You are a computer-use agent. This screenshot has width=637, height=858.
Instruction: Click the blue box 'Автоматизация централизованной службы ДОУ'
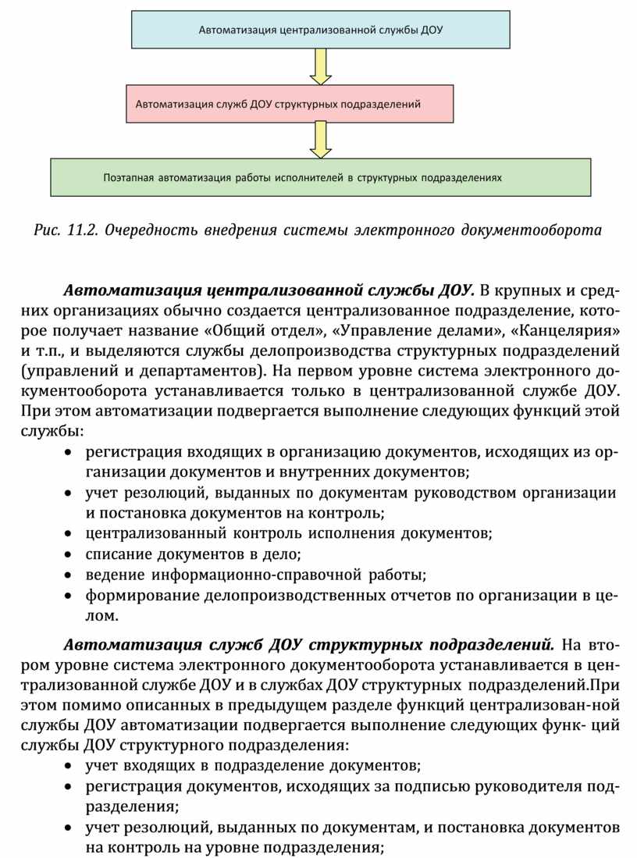[x=320, y=30]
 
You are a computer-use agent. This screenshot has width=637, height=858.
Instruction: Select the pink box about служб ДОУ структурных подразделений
[x=290, y=103]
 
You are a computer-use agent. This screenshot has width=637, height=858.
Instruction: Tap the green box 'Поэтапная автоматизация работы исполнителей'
[x=320, y=177]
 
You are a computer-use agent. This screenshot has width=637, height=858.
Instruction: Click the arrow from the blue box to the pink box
[x=320, y=66]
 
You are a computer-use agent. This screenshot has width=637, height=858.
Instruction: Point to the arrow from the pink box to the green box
[x=320, y=140]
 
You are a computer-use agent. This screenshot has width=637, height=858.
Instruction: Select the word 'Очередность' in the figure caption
[x=151, y=230]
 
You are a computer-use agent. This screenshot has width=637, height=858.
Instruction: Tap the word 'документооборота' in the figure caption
[x=532, y=230]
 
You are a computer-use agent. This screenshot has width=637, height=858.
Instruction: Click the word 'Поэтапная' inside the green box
[x=127, y=177]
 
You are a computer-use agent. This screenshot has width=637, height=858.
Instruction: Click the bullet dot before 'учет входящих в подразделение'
[x=70, y=765]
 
